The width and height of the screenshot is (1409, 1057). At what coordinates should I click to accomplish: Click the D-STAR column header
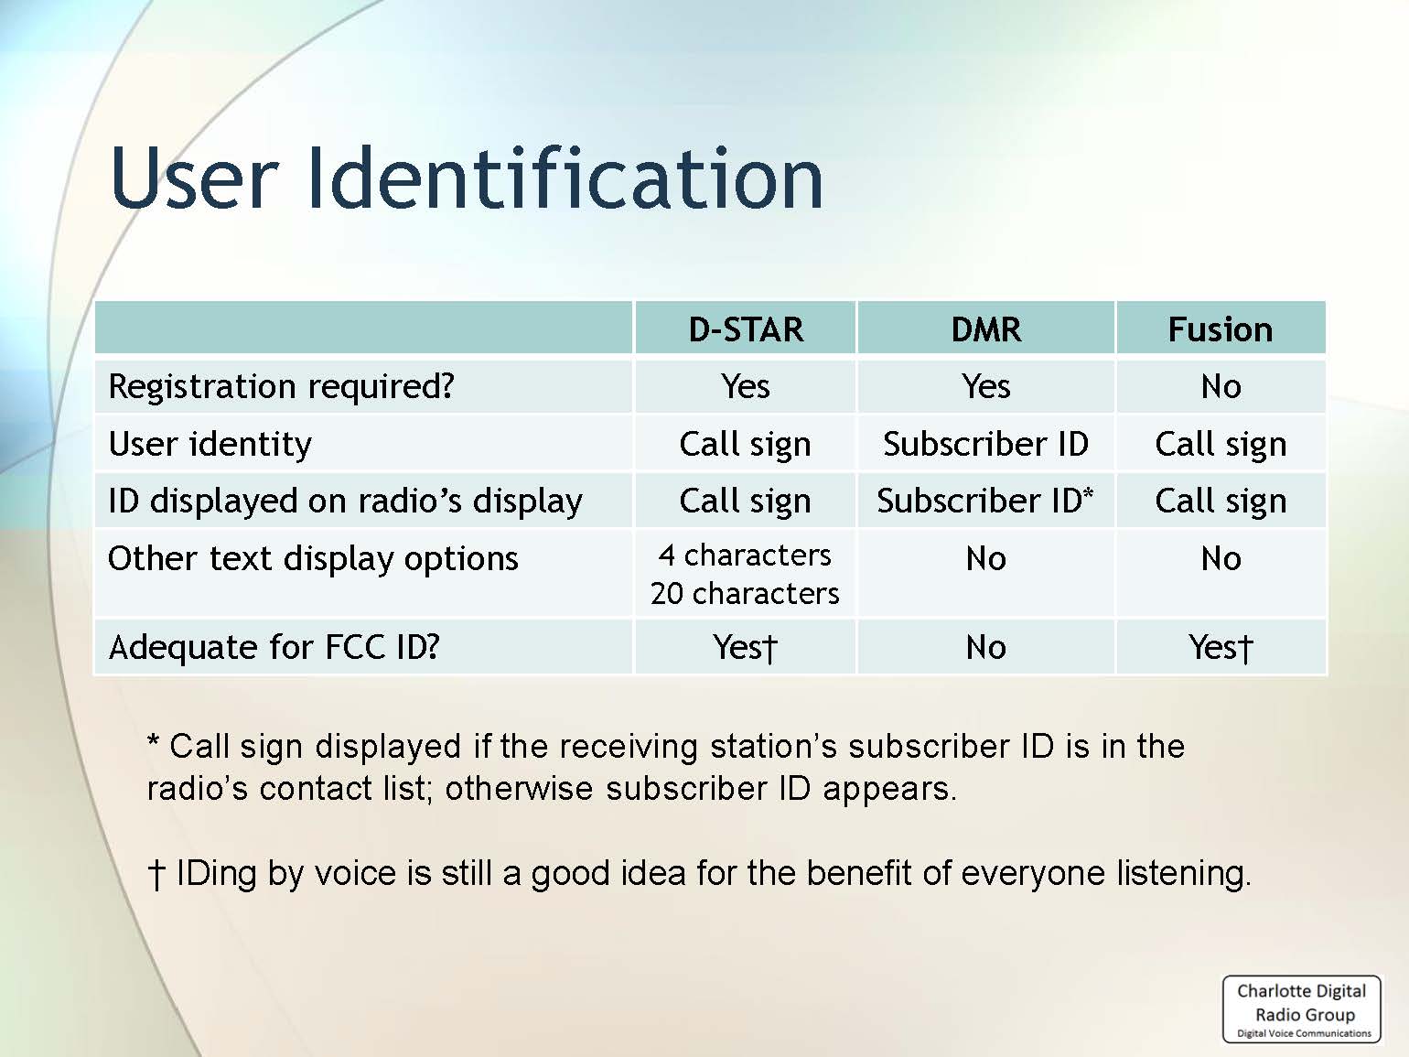[x=746, y=329]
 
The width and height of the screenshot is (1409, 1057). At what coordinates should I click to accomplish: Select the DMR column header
[x=986, y=329]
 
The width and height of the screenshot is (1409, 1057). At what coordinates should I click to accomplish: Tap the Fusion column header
[x=1221, y=329]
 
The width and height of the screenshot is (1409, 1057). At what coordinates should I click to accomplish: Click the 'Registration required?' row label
[x=281, y=387]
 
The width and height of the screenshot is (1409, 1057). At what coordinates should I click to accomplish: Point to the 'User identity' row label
[x=210, y=444]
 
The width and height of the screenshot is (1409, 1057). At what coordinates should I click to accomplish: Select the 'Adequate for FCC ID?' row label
[x=274, y=647]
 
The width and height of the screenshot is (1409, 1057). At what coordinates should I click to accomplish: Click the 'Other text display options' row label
[x=313, y=558]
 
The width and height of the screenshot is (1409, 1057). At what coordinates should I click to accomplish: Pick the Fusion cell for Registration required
[x=1221, y=387]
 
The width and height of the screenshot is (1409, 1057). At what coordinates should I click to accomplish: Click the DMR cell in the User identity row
[x=986, y=444]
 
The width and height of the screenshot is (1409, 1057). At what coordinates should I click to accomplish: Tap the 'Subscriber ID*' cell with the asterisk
[x=985, y=501]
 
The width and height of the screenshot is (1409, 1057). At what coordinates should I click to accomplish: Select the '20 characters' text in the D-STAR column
[x=745, y=594]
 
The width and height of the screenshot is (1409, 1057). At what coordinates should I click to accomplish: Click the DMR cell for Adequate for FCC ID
[x=986, y=648]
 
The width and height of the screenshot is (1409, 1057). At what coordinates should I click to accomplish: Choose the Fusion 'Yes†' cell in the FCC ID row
[x=1221, y=648]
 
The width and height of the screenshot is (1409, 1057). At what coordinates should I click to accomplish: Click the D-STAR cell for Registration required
[x=746, y=387]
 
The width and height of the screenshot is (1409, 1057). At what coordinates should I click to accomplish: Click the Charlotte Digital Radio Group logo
[x=1302, y=1009]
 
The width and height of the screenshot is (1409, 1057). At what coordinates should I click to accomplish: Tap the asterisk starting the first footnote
[x=154, y=741]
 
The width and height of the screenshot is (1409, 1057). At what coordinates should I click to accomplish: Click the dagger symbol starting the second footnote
[x=156, y=874]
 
